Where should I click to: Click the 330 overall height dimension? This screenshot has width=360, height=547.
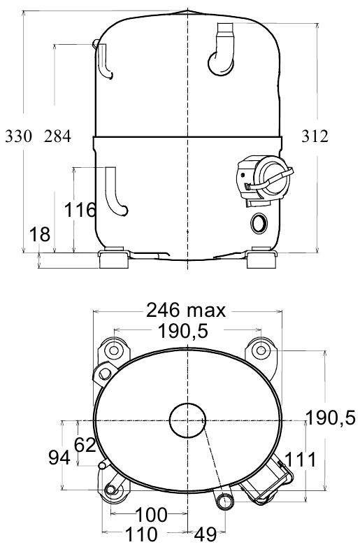tap(18, 136)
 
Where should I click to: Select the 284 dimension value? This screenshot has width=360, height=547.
tap(57, 136)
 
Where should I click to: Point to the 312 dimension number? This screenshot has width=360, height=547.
tap(315, 136)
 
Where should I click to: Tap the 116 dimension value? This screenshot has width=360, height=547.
tap(80, 210)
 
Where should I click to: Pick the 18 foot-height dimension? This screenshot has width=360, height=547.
tap(40, 234)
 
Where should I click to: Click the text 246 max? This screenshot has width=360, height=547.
tap(186, 310)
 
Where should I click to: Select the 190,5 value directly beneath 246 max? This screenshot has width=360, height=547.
tap(183, 331)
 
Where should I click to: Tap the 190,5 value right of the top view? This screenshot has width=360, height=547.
tap(331, 417)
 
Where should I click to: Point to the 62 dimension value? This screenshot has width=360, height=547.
tap(85, 445)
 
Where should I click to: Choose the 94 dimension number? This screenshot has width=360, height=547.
tap(59, 457)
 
